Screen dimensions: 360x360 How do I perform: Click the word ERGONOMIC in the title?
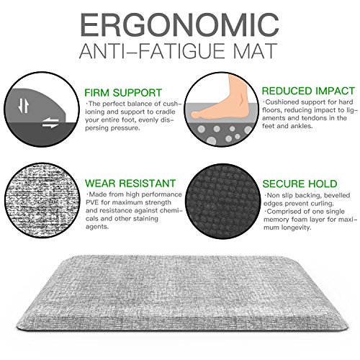pyautogui.click(x=179, y=24)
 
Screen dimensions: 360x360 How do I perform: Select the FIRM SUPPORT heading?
pyautogui.click(x=123, y=93)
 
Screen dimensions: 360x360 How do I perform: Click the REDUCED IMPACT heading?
pyautogui.click(x=308, y=91)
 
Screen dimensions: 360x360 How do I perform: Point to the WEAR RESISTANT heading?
pyautogui.click(x=130, y=184)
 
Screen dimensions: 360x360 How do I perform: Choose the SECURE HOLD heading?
pyautogui.click(x=300, y=184)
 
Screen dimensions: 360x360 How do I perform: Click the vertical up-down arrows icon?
pyautogui.click(x=24, y=106)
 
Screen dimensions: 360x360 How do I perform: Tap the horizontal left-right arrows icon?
pyautogui.click(x=50, y=123)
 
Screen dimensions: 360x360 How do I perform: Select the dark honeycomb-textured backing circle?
pyautogui.click(x=223, y=201)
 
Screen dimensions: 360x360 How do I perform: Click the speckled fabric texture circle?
pyautogui.click(x=42, y=200)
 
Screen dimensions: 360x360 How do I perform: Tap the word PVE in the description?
pyautogui.click(x=92, y=202)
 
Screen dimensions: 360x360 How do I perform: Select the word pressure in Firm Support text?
pyautogui.click(x=125, y=128)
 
